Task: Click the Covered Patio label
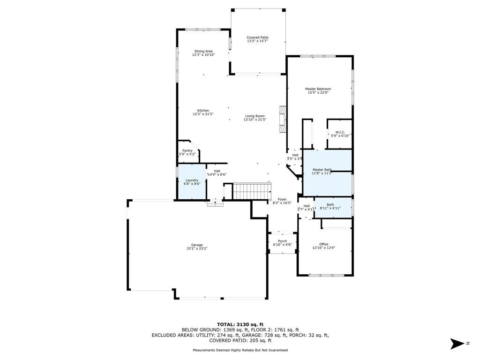coord(257,37)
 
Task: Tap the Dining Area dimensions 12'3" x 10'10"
coord(203,55)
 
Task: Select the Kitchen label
coord(203,111)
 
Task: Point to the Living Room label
coord(255,116)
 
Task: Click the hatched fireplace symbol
coord(283,120)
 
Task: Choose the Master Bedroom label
coord(318,89)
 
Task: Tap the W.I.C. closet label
coord(340,132)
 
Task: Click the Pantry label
coord(187,150)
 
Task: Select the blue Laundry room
coord(192,182)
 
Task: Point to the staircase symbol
coord(252,191)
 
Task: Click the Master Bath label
coord(322,170)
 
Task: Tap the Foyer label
coord(282,199)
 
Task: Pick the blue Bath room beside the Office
coord(333,208)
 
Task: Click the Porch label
coord(282,241)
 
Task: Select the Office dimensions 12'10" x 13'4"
coord(323,248)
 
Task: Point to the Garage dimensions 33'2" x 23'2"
coord(197,248)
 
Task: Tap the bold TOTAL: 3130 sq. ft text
coord(240,324)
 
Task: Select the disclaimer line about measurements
coord(240,350)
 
